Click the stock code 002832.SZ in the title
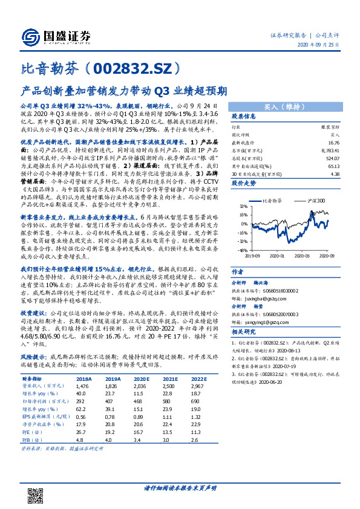pos(124,70)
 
